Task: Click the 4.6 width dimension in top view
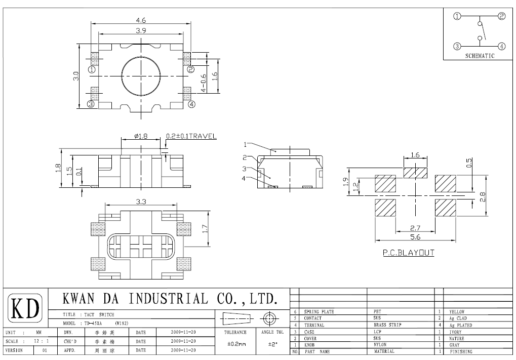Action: [141, 20]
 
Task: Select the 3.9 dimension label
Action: [141, 31]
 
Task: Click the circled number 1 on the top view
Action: [91, 69]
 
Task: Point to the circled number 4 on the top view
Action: [191, 105]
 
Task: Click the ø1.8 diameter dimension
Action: [141, 136]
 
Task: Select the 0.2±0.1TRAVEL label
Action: [191, 136]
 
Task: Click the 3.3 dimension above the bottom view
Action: [141, 202]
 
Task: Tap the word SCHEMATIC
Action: [479, 56]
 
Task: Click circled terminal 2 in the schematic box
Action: [501, 16]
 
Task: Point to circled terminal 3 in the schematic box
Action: [457, 46]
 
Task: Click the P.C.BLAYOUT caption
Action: [408, 253]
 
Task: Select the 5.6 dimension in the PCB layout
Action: [415, 237]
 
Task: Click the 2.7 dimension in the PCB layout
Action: [415, 228]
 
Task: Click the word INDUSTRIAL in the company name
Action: [169, 298]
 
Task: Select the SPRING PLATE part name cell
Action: [319, 312]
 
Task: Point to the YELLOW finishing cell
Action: [457, 312]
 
